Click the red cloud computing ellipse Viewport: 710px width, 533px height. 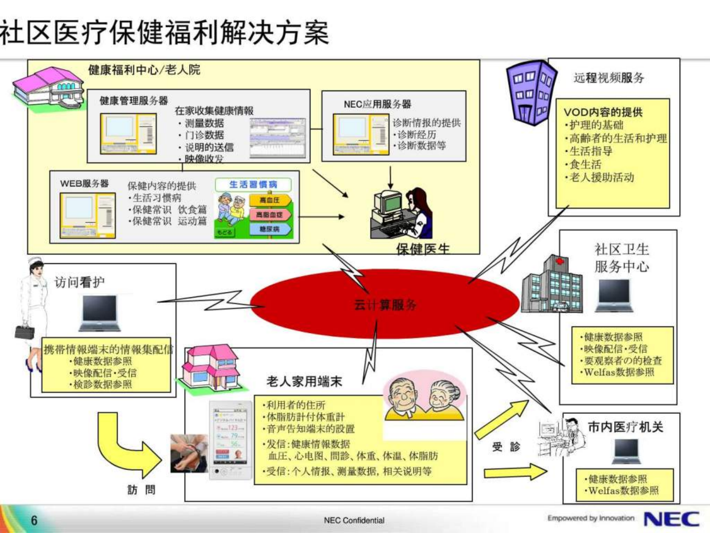385,304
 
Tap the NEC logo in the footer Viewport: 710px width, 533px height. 672,519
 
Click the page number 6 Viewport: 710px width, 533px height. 34,520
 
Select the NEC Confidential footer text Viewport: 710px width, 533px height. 354,520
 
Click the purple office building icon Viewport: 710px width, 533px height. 531,93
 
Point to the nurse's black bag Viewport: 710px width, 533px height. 24,332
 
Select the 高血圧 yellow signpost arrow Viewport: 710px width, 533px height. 270,200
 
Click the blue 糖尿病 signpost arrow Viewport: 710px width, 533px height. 270,229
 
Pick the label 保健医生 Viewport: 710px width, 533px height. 423,249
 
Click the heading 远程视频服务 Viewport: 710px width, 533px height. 609,78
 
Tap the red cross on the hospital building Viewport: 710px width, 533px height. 560,261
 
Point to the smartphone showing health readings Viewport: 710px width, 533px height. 231,440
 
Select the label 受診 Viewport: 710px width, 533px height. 506,447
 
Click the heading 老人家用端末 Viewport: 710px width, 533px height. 304,381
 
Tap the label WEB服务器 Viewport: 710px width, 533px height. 84,184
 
